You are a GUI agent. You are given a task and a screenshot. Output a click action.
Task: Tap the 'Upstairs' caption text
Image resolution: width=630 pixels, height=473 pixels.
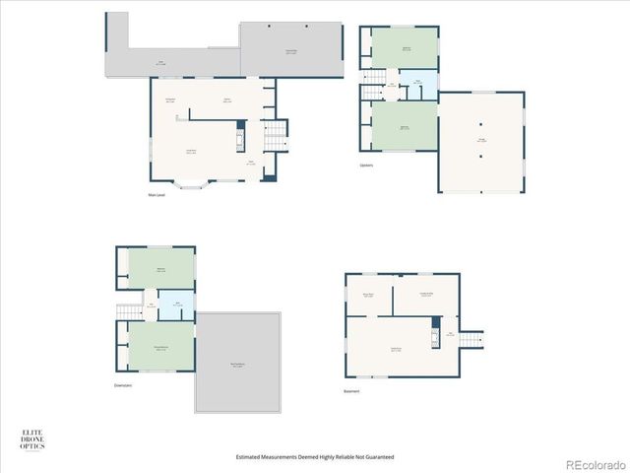click(366, 165)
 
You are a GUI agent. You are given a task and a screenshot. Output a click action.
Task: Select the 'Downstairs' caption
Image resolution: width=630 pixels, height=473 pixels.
click(122, 385)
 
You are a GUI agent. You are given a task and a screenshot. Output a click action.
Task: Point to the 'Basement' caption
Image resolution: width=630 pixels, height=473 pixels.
click(351, 391)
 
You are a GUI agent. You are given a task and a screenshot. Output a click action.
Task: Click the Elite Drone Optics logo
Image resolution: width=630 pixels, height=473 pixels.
click(32, 439)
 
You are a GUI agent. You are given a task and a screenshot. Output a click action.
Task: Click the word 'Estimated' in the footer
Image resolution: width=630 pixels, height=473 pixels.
click(250, 457)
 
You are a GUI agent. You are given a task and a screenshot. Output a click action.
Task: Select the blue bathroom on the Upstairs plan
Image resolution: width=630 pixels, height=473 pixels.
click(417, 88)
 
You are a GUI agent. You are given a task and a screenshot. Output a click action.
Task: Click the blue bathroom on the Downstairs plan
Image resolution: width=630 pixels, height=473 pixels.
click(177, 304)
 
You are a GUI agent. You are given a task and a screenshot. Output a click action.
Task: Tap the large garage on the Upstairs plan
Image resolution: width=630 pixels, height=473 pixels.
click(481, 141)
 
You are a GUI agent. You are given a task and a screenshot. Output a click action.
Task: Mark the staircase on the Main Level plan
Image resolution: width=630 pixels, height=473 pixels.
click(276, 131)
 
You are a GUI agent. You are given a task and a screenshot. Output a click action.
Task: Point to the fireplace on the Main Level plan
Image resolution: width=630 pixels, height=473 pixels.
click(239, 136)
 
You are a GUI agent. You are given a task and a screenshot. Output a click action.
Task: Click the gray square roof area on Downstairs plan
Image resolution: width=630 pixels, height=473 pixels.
click(237, 362)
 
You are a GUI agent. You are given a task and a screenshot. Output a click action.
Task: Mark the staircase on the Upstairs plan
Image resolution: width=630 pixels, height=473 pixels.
click(373, 82)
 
